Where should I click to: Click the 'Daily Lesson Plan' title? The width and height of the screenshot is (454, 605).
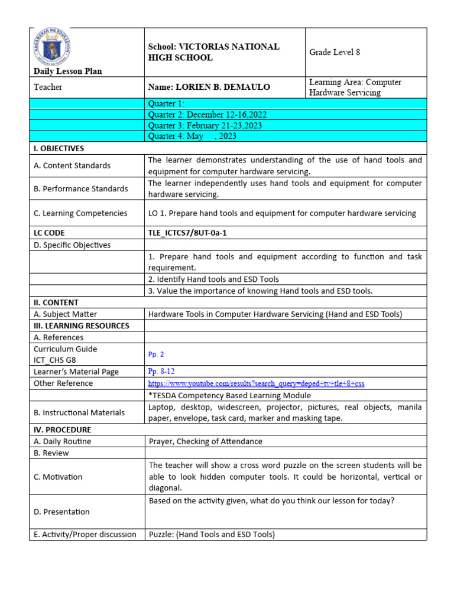click(68, 71)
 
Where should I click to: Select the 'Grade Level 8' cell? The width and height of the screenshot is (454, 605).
click(335, 52)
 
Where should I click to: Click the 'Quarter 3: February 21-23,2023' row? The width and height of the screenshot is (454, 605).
click(205, 125)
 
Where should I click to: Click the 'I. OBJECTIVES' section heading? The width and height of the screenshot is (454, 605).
click(59, 148)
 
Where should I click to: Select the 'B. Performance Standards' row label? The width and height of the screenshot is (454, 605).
click(80, 188)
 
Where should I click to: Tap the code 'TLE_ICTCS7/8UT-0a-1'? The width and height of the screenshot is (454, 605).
click(187, 233)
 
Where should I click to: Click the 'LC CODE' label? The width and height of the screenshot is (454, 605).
click(49, 233)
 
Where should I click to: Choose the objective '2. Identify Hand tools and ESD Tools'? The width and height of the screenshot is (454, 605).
click(213, 279)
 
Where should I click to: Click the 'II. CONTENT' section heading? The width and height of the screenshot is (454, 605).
click(56, 302)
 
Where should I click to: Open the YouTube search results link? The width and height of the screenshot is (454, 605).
click(256, 383)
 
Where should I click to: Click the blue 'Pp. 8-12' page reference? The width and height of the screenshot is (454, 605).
click(161, 372)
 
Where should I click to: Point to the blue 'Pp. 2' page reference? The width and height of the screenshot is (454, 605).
click(156, 354)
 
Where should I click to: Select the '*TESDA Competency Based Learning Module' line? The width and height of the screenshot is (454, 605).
click(229, 395)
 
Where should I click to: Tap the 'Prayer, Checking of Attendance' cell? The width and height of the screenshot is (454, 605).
click(205, 441)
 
